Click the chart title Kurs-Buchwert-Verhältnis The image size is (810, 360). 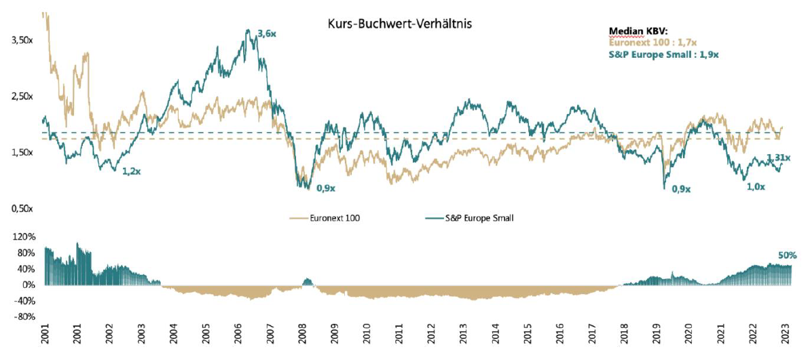pyautogui.click(x=399, y=23)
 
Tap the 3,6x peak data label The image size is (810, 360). pyautogui.click(x=267, y=33)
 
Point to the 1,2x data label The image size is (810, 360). pyautogui.click(x=132, y=172)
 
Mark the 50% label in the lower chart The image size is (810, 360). pyautogui.click(x=788, y=255)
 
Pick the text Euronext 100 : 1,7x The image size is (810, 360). pyautogui.click(x=650, y=41)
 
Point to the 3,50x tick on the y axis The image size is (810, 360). pyautogui.click(x=23, y=41)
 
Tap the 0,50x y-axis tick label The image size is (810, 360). pyautogui.click(x=23, y=209)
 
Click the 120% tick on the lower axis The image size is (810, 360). pyautogui.click(x=23, y=238)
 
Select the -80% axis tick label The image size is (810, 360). pyautogui.click(x=23, y=317)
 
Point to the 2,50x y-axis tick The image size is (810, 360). pyautogui.click(x=23, y=96)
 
